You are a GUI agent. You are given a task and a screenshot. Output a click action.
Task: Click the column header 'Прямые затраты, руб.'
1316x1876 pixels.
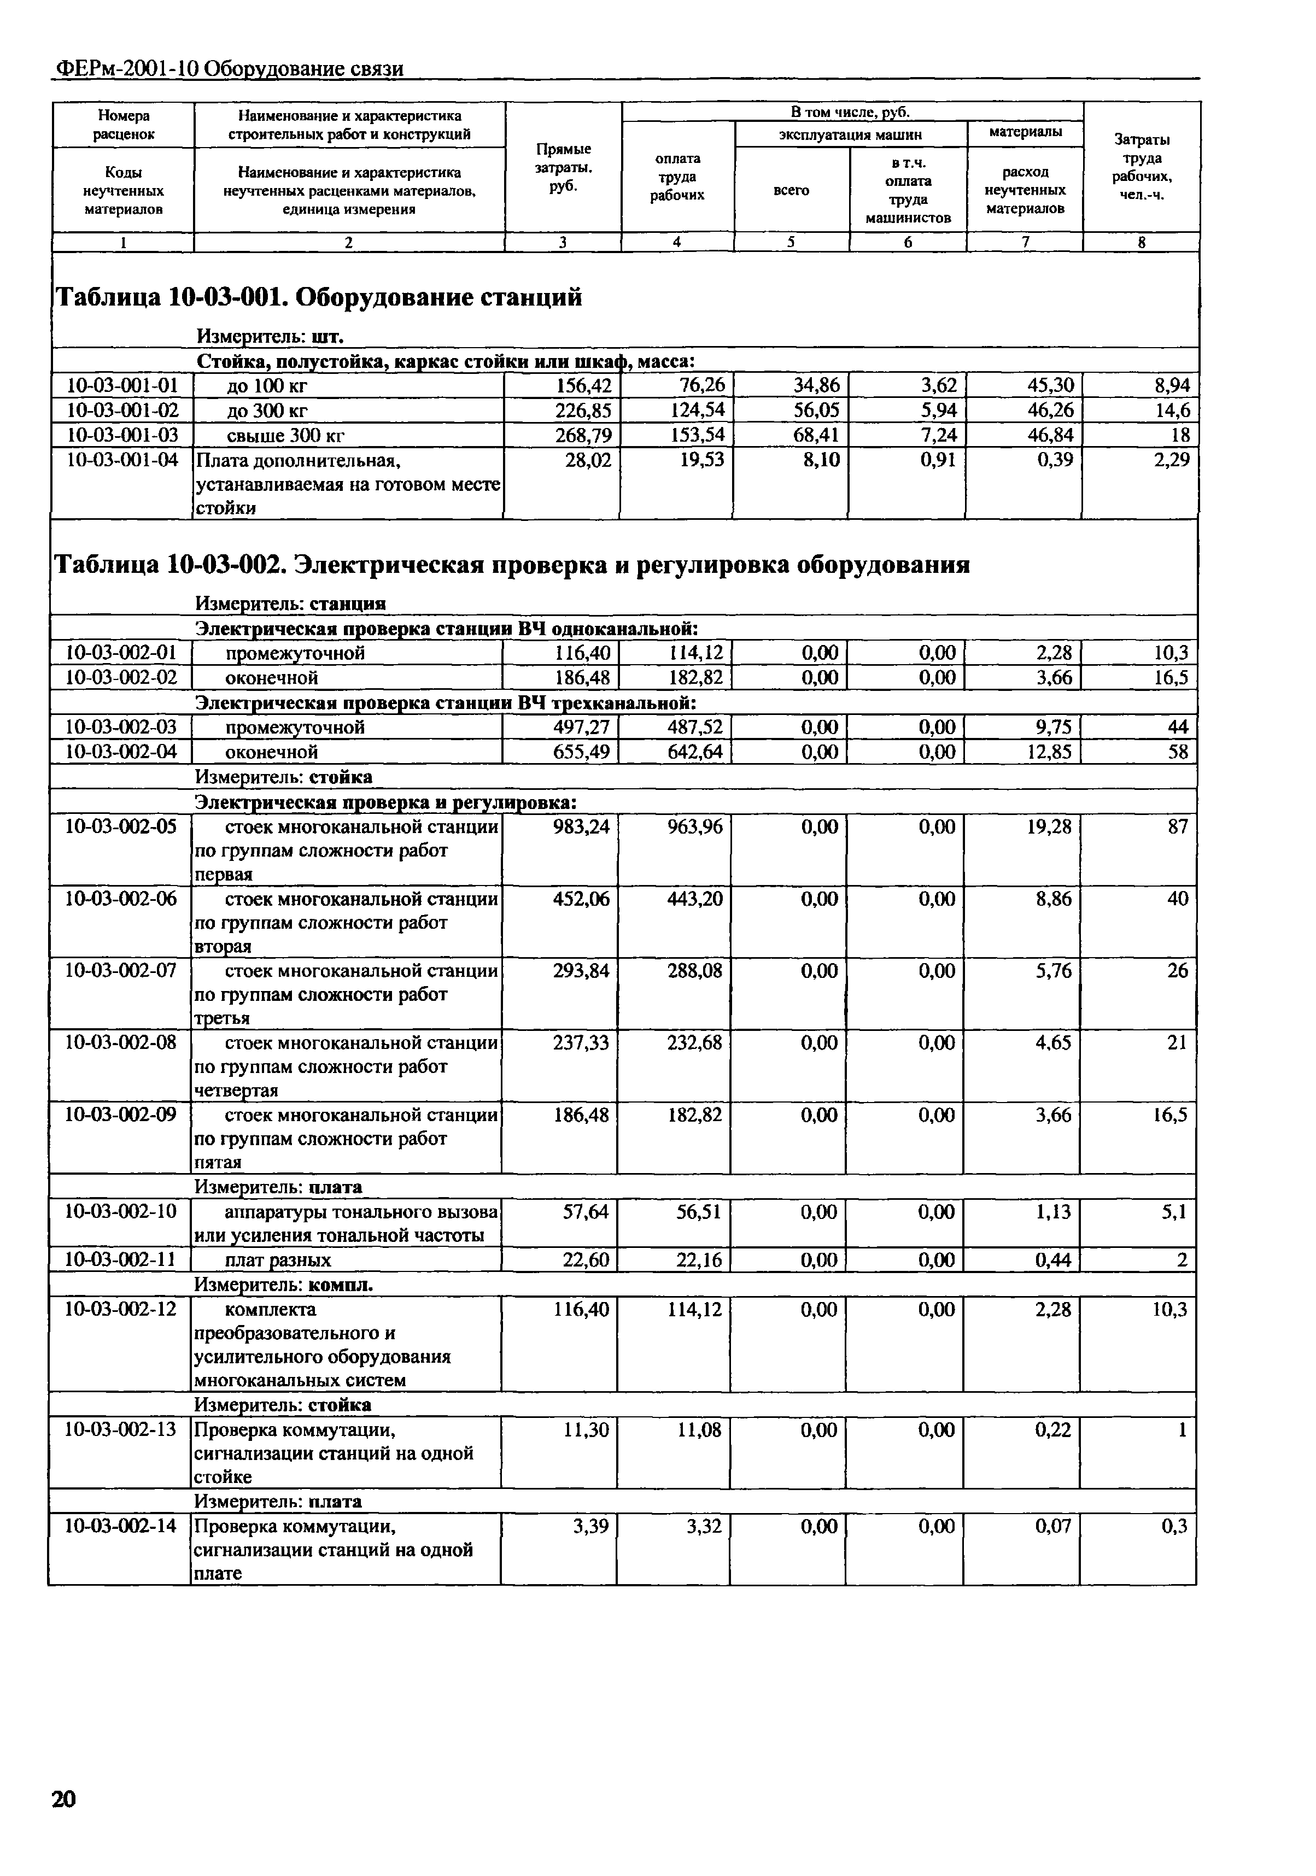pyautogui.click(x=563, y=167)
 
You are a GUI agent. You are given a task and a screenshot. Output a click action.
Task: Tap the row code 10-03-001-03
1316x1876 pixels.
pyautogui.click(x=122, y=435)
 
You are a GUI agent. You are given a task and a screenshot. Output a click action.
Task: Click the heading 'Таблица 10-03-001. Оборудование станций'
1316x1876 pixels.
pyautogui.click(x=319, y=297)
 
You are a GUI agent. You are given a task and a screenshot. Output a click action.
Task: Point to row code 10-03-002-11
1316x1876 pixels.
pyautogui.click(x=120, y=1260)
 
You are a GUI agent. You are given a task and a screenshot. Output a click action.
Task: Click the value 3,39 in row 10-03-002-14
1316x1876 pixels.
pyautogui.click(x=592, y=1526)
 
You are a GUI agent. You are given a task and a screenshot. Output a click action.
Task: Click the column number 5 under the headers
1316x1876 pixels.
pyautogui.click(x=791, y=242)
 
